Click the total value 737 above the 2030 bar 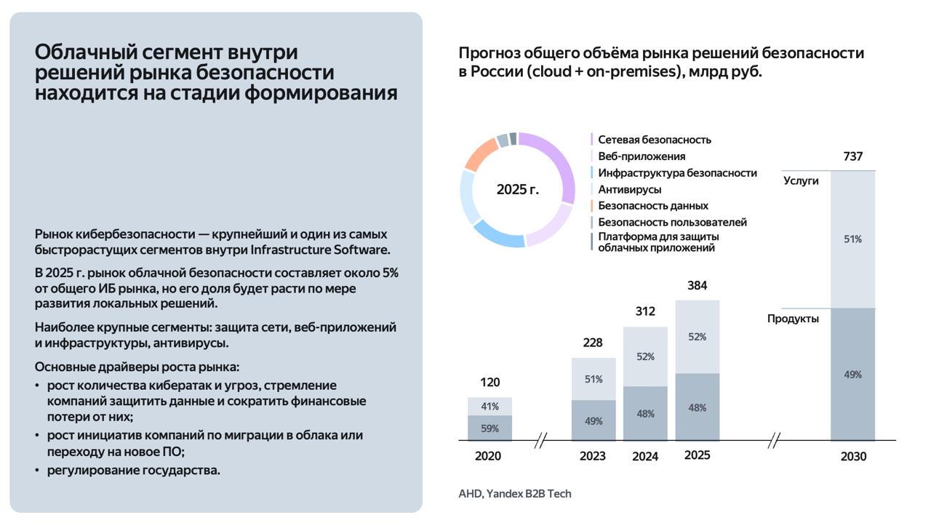(852, 156)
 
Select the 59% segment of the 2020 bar (490, 428)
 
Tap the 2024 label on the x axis (645, 457)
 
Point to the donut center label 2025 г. (518, 190)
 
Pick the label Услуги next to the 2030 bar (801, 180)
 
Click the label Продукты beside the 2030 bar (793, 319)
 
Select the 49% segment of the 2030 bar (852, 375)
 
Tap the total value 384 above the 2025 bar (697, 285)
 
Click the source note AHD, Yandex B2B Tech (515, 493)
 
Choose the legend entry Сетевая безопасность (654, 140)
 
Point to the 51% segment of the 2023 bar (593, 379)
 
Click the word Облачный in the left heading (79, 52)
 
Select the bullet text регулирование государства (133, 470)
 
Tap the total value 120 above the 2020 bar (490, 382)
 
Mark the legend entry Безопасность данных (652, 206)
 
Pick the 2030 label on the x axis (853, 457)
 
